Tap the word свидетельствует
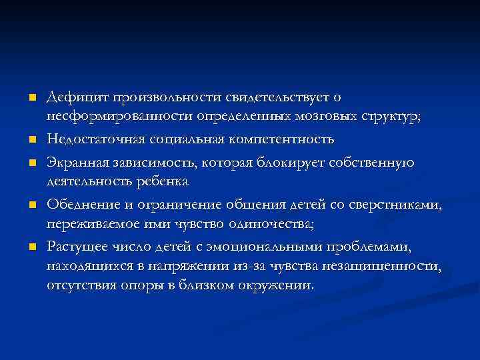pos(280,98)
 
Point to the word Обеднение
pos(78,205)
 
